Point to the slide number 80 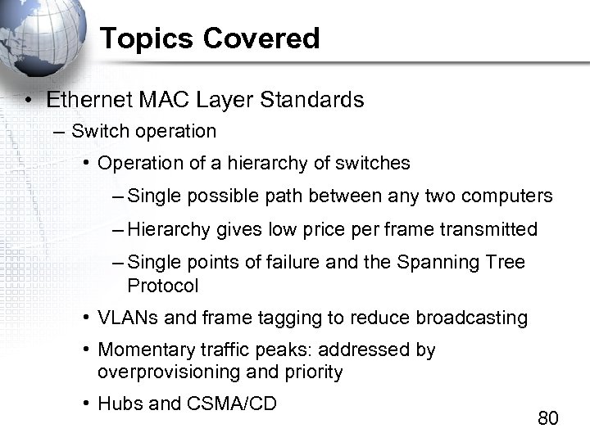548,418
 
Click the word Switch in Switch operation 95,131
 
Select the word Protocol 163,286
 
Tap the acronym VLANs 125,318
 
